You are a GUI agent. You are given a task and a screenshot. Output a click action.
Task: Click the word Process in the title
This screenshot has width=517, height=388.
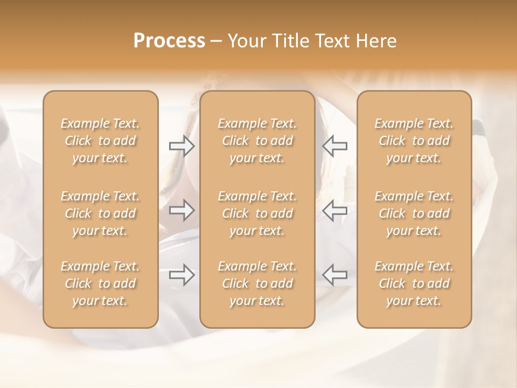coord(169,41)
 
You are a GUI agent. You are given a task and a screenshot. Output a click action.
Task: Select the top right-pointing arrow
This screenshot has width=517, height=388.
coord(181,146)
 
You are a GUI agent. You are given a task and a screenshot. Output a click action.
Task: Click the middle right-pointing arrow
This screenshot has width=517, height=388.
coord(181,210)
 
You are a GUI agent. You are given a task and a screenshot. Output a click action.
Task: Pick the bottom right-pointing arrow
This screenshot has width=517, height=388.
coord(181,275)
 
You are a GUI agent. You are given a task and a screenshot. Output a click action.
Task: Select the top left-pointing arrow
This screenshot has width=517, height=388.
coord(335,146)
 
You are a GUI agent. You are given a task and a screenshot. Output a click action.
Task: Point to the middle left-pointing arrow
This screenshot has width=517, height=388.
coord(335,210)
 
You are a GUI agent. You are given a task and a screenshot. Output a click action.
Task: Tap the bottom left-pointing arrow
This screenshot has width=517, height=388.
coord(335,275)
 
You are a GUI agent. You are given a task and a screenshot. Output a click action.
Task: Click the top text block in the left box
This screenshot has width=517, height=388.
coord(100,141)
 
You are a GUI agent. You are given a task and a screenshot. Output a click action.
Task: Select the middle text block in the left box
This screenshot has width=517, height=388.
coord(100,213)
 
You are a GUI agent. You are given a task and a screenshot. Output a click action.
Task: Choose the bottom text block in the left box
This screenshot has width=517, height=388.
coord(100,283)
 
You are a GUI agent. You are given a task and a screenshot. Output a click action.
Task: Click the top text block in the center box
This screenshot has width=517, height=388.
coord(257,141)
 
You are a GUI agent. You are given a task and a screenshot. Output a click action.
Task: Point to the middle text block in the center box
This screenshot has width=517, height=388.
coord(257,213)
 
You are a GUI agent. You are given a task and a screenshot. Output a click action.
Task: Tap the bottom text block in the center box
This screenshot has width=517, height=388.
coord(257,283)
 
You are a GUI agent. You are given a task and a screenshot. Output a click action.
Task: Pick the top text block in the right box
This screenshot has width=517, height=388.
coord(414,141)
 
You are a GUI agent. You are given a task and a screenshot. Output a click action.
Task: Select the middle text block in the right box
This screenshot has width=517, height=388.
coord(414,213)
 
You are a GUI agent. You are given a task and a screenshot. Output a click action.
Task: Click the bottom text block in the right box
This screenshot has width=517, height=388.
coord(414,283)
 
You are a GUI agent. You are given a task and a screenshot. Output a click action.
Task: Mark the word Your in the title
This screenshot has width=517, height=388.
coord(246,41)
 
